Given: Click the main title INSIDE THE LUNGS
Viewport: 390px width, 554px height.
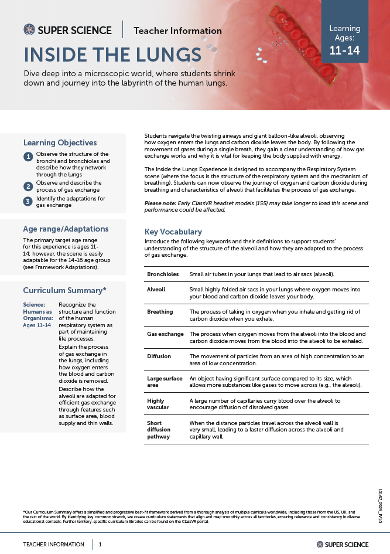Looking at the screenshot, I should point(112,55).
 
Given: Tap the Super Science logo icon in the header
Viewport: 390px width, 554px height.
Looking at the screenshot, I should point(29,30).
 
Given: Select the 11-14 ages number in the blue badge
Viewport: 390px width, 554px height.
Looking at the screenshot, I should point(344,50).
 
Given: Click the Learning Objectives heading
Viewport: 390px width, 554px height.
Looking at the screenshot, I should point(60,142).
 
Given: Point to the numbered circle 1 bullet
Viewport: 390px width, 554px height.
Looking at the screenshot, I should point(28,157).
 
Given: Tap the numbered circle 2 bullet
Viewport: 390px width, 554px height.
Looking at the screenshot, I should point(28,186).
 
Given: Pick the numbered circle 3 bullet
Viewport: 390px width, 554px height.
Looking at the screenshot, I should point(28,202).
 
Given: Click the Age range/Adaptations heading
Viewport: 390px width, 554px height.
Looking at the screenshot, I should point(66,229).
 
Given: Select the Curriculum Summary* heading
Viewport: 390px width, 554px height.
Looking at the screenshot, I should point(64,290).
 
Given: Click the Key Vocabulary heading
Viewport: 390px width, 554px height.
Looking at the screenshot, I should point(173,232).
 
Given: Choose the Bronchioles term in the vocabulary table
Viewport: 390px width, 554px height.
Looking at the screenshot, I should point(163,274).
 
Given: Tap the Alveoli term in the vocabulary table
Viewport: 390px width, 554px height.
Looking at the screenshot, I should point(156,290).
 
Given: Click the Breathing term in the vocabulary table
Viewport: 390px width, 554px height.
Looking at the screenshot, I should point(160,312).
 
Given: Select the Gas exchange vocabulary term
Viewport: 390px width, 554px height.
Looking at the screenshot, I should point(165,334).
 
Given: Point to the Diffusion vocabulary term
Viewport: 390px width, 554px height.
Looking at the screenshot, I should point(159,356).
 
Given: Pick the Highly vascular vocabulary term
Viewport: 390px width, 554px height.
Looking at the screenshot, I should point(158,405).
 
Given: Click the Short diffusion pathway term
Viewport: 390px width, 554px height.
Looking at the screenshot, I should point(159,430).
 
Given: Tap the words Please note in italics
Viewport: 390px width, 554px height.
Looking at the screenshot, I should point(161,203).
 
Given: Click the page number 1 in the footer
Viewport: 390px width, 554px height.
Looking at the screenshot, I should point(100,544).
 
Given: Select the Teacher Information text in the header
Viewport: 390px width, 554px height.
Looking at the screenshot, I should point(177,30).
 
